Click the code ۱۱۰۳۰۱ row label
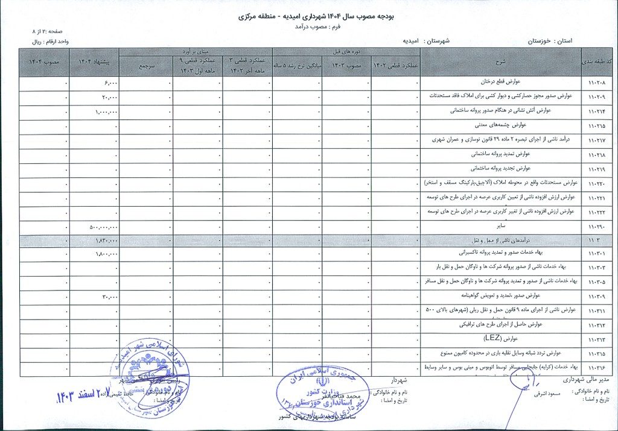click(x=596, y=254)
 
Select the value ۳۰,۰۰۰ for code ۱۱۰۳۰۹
click(x=109, y=297)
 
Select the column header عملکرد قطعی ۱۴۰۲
click(x=395, y=66)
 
